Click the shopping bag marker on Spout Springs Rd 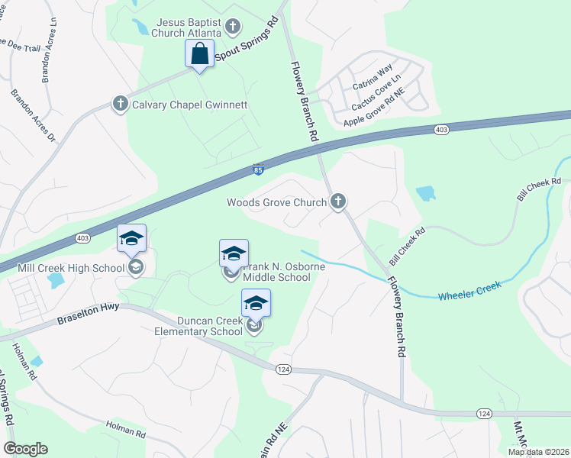click(x=199, y=54)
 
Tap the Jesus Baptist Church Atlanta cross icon click(x=234, y=28)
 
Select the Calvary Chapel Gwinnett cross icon click(x=120, y=105)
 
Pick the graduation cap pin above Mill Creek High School click(x=131, y=239)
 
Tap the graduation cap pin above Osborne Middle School click(x=234, y=253)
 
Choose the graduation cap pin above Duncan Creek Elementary click(x=256, y=304)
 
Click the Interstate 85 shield click(x=259, y=169)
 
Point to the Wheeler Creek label click(x=469, y=289)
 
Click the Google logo click(x=25, y=449)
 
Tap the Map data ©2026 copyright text click(x=538, y=452)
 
